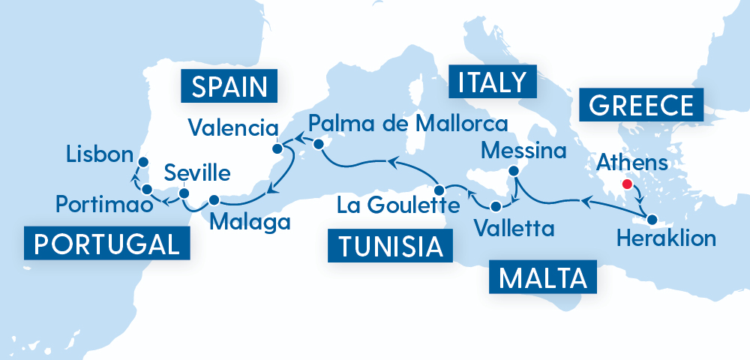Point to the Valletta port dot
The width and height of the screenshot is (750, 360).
[x=496, y=205]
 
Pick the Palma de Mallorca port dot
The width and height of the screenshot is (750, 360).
[x=319, y=142]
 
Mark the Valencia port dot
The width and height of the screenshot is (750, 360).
[x=276, y=138]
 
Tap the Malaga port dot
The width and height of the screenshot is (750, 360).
[x=214, y=200]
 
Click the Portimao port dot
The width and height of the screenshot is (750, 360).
[x=147, y=189]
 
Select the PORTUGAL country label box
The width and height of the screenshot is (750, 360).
[x=106, y=244]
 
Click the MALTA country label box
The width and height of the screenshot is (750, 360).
[x=542, y=279]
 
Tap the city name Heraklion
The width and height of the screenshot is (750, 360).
[x=665, y=240]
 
